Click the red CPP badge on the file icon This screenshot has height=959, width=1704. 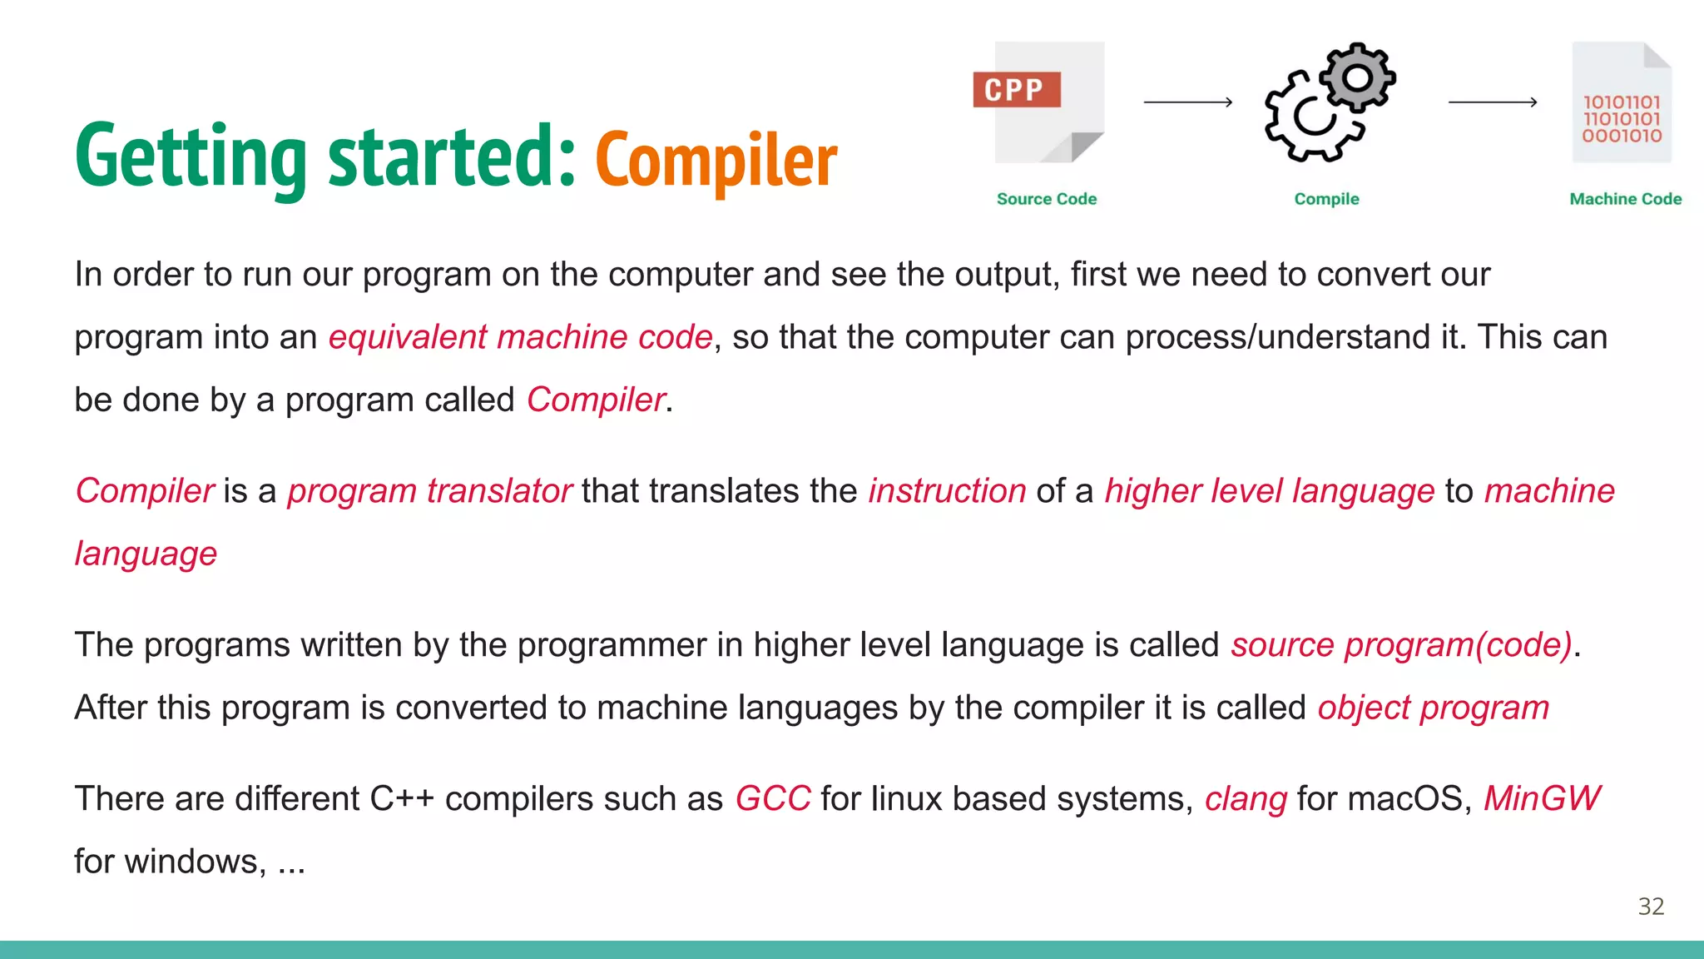tap(1016, 89)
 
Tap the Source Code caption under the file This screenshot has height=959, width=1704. tap(1047, 199)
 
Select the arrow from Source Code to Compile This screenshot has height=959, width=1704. tap(1187, 102)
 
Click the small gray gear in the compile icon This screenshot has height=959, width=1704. tap(1357, 77)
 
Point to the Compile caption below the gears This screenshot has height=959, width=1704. tap(1326, 199)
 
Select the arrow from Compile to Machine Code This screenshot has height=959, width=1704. tap(1493, 102)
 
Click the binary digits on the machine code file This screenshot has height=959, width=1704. tap(1621, 118)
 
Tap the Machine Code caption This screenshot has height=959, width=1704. tap(1625, 199)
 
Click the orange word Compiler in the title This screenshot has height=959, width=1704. tap(716, 160)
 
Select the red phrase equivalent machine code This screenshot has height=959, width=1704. tap(521, 337)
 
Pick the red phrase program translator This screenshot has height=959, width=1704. tap(429, 491)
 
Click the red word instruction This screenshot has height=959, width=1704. tap(947, 491)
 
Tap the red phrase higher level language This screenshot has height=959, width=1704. tap(1269, 491)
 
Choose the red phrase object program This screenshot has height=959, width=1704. tap(1433, 708)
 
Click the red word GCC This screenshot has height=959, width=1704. tap(772, 799)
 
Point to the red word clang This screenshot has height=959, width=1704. tap(1246, 799)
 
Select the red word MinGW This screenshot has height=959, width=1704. tap(1542, 799)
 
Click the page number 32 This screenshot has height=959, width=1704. tap(1651, 907)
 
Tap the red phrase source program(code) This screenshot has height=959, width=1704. tap(1402, 645)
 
